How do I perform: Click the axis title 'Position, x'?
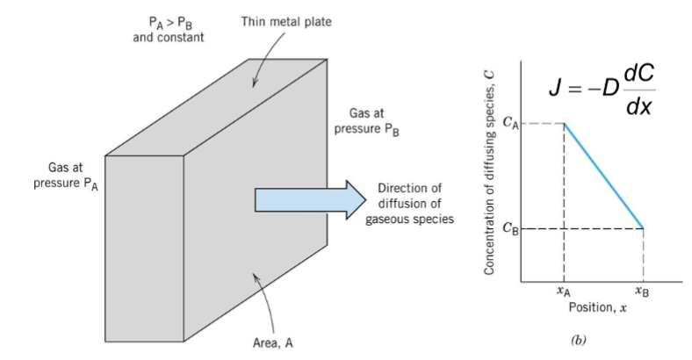coord(601,310)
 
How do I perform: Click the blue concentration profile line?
coord(604,176)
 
